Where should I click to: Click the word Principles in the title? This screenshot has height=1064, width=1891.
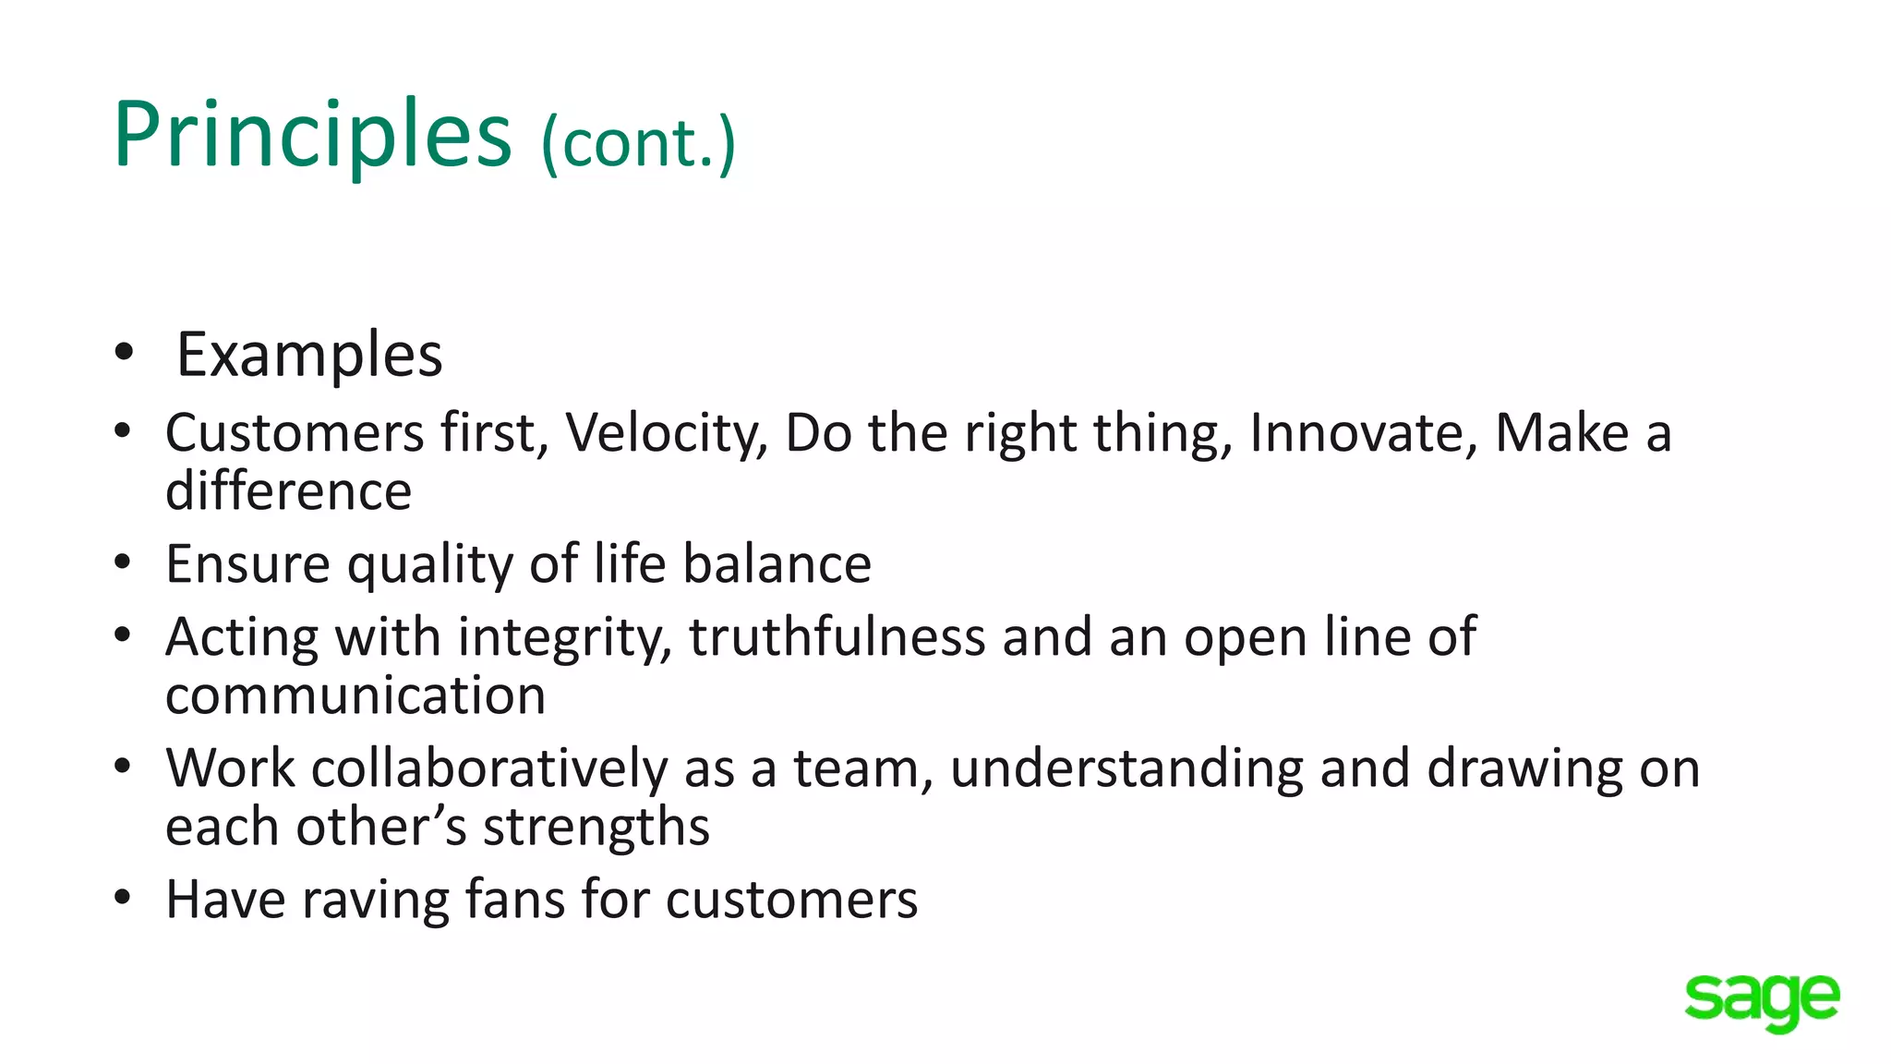coord(311,135)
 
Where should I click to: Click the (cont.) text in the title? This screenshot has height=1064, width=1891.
coord(638,143)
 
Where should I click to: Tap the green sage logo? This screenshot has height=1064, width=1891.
coord(1761,1000)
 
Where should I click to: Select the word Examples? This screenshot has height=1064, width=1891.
coord(309,355)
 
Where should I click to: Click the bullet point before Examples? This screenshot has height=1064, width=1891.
coord(124,353)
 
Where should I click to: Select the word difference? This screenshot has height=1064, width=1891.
coord(288,491)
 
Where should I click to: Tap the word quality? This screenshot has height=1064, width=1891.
coord(429,565)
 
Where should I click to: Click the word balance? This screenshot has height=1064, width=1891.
coord(777,564)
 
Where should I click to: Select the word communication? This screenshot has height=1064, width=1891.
coord(355,695)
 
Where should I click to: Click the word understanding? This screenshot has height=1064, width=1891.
coord(1126,769)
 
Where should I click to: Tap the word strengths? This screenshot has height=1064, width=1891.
coord(596,828)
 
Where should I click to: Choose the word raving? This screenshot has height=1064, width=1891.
coord(375,901)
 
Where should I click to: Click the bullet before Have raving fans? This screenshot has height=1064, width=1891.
coord(123,898)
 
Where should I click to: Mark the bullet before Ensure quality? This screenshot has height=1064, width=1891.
coord(123,562)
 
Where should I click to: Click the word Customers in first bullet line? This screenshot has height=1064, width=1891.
coord(294,433)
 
